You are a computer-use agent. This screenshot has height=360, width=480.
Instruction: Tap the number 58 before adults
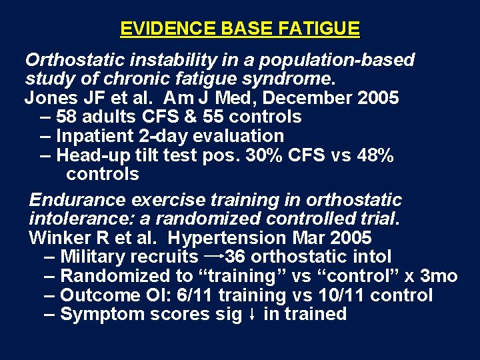pos(67,117)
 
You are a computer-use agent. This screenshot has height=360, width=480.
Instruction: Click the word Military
pos(94,257)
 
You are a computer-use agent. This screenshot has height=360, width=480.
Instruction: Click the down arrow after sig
pos(253,315)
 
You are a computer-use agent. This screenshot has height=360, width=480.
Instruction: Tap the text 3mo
pos(439,276)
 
